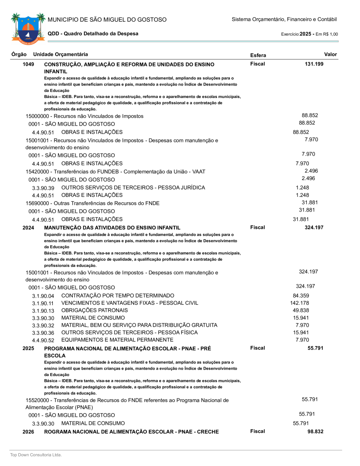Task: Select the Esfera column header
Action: point(258,55)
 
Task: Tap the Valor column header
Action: point(330,54)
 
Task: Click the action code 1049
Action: point(28,64)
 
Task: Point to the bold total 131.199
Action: point(314,64)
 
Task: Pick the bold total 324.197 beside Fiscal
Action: point(314,228)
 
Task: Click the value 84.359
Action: point(301,296)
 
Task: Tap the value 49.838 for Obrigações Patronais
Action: point(301,310)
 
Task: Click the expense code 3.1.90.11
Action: point(43,303)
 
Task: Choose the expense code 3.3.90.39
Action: point(43,188)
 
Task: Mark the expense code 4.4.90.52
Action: point(43,340)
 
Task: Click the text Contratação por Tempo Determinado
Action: point(118,296)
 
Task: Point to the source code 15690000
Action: point(39,203)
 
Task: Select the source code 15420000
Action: point(39,172)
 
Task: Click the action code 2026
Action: point(28,432)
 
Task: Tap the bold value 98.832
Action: point(315,432)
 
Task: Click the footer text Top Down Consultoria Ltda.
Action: point(36,455)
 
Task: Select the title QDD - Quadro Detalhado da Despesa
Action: point(93,34)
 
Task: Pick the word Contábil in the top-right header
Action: point(327,19)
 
